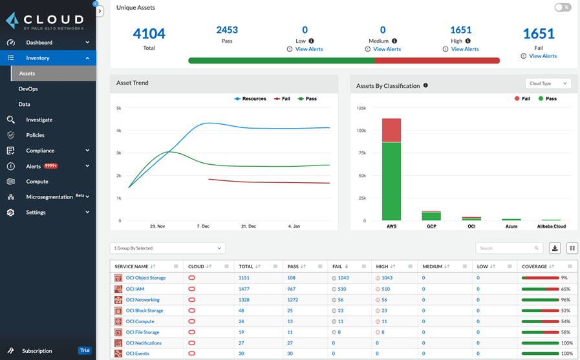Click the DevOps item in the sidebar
point(28,89)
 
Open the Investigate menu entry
point(39,120)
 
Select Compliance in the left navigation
point(40,151)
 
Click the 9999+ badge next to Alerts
point(51,166)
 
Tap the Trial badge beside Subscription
point(85,350)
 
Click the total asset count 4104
point(149,34)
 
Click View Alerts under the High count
point(465,49)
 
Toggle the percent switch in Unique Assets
point(563,8)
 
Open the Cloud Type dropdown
point(548,83)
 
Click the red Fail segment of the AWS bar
point(391,130)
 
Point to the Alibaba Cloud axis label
point(551,226)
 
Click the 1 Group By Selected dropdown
point(167,248)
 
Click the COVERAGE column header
point(534,266)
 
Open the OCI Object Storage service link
point(145,278)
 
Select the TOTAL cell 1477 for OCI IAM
point(244,289)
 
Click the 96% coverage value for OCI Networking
point(566,300)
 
